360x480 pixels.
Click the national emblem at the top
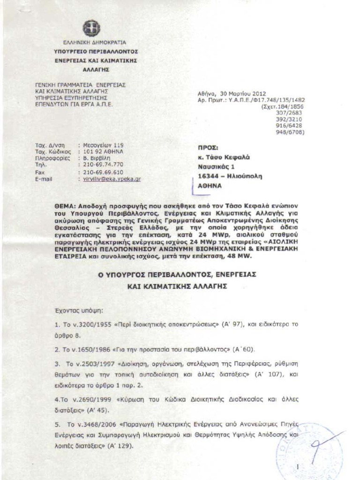[91, 28]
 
